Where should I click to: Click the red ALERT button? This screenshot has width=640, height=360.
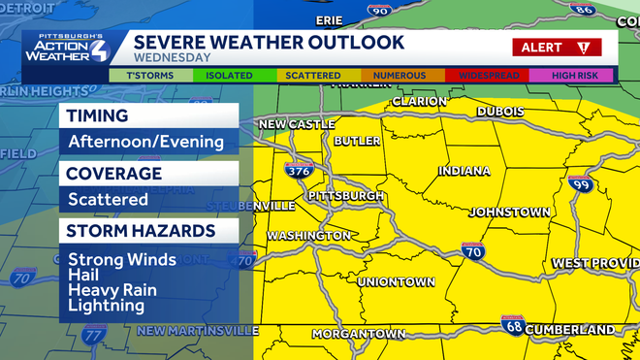click(x=557, y=47)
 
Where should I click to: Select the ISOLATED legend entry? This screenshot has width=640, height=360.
click(x=230, y=75)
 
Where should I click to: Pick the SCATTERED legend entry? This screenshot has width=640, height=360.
click(x=313, y=75)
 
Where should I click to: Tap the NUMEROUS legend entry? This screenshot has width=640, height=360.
click(x=399, y=75)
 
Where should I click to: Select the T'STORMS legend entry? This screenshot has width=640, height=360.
click(x=144, y=75)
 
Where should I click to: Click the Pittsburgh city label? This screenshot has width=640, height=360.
click(x=345, y=195)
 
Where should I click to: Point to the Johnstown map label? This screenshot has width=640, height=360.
click(x=510, y=212)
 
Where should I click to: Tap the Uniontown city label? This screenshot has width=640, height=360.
click(x=396, y=281)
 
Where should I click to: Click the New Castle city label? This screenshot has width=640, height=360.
click(x=297, y=124)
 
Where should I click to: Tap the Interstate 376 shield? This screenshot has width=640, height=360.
click(x=300, y=172)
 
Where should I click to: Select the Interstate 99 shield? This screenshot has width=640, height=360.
click(x=581, y=185)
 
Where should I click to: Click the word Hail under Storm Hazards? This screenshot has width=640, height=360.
click(x=83, y=275)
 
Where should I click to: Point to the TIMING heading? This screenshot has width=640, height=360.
click(x=98, y=115)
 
